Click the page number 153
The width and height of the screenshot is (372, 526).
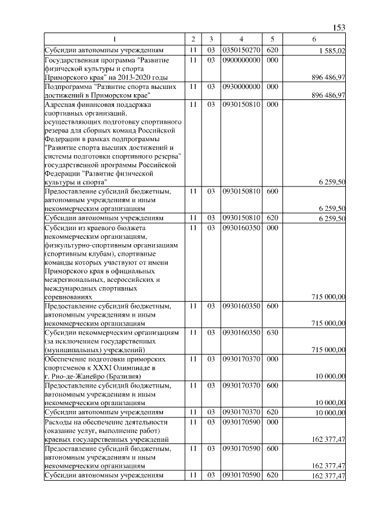(340, 27)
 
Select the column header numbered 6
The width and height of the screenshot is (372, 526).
(314, 39)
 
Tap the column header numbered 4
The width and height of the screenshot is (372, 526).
(241, 39)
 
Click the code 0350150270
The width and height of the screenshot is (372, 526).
(241, 51)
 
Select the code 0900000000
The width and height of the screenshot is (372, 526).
(241, 60)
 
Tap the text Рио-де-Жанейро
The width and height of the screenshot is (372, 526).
(79, 376)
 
